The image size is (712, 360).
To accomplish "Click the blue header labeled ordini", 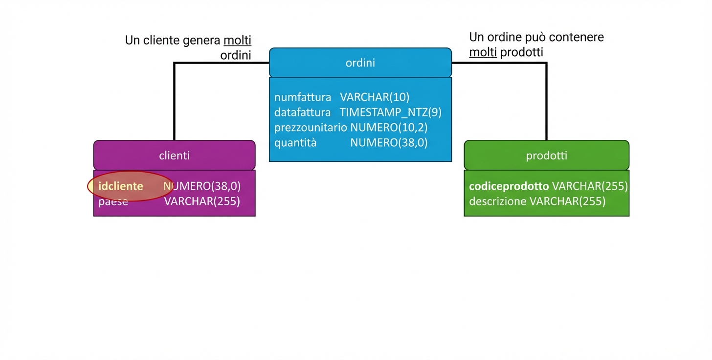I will [x=360, y=63].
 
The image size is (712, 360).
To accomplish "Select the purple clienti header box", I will [x=174, y=156].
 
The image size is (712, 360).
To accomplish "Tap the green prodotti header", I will [x=546, y=156].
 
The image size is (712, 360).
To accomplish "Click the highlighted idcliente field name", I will [x=121, y=186].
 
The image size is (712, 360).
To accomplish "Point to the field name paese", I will [x=113, y=202].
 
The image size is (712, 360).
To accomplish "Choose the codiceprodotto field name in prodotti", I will [x=509, y=186].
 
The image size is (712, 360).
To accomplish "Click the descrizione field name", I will [x=497, y=202].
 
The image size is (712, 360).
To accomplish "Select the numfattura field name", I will [x=303, y=97].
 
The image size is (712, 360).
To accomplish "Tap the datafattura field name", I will [x=302, y=112].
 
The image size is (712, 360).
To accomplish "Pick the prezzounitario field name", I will [x=311, y=128].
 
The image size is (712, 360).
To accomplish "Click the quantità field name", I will [x=295, y=143].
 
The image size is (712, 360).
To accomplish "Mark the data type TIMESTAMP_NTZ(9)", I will [x=391, y=112].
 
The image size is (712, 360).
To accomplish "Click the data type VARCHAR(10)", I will [x=375, y=97].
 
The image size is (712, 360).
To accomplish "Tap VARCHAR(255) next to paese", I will [x=202, y=202].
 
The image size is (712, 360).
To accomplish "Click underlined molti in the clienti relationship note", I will [x=237, y=41].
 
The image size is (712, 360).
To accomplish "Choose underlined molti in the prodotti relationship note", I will [x=483, y=52].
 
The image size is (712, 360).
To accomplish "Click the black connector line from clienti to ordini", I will [x=175, y=98].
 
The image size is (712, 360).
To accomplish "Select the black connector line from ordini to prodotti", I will [x=546, y=98].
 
